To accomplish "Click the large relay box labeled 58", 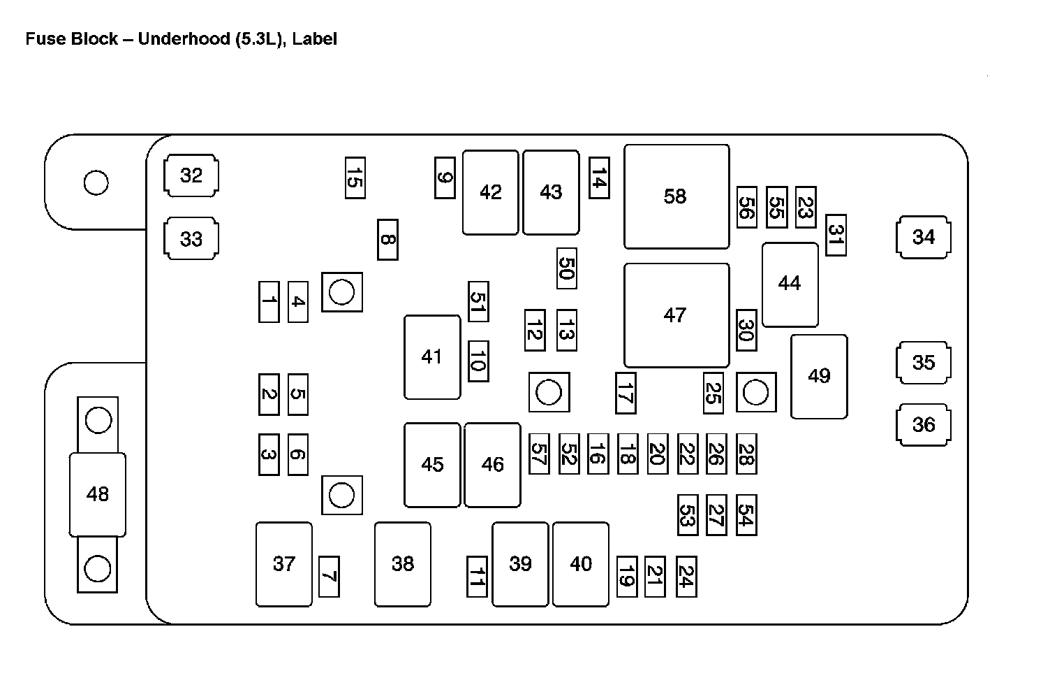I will coord(676,196).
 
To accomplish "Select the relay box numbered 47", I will coord(676,315).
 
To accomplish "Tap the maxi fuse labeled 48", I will coord(98,494).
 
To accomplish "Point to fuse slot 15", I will coord(355,178).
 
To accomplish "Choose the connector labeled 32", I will coord(191,175).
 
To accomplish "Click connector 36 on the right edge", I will coord(923,424).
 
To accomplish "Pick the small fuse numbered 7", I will coord(329,577).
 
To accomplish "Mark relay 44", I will coord(790,284).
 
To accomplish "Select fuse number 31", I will coord(836,236).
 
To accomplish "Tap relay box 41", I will coord(431,356).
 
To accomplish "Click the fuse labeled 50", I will coord(566,268).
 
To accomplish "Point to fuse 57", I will coord(538,454).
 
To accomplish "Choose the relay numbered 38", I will coord(403,563).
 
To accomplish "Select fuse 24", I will coord(686,577).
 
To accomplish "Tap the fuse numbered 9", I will coord(445,178).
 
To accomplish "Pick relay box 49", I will coord(819,376).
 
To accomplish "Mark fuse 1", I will coord(269,302).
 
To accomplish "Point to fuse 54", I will coord(746,515).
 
